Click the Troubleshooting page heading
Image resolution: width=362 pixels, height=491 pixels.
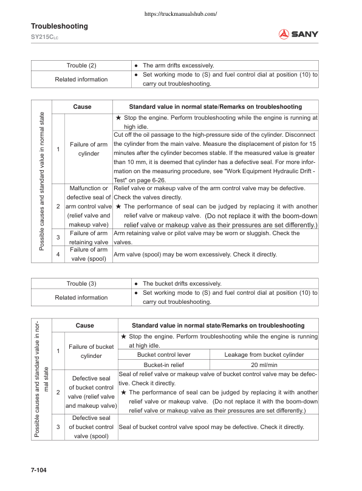point(59,26)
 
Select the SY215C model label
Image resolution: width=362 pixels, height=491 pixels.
point(44,38)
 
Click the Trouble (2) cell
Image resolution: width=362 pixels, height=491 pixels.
point(81,65)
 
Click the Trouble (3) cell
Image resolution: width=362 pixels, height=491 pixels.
point(81,284)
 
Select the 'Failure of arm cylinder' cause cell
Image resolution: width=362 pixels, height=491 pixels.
point(88,149)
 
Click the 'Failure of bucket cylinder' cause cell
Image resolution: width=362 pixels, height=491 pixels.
point(91,351)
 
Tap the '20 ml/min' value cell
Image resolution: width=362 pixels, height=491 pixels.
point(264,365)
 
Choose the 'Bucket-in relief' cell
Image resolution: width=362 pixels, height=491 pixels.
point(163,365)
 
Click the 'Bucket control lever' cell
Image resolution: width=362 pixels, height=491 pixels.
point(163,354)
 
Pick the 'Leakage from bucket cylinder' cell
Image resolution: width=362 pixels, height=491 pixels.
point(264,354)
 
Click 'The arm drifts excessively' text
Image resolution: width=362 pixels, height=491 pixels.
point(178,65)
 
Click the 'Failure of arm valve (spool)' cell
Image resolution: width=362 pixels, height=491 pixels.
point(88,254)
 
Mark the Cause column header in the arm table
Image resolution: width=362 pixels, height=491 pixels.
point(82,106)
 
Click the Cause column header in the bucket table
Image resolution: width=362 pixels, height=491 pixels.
point(84,325)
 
